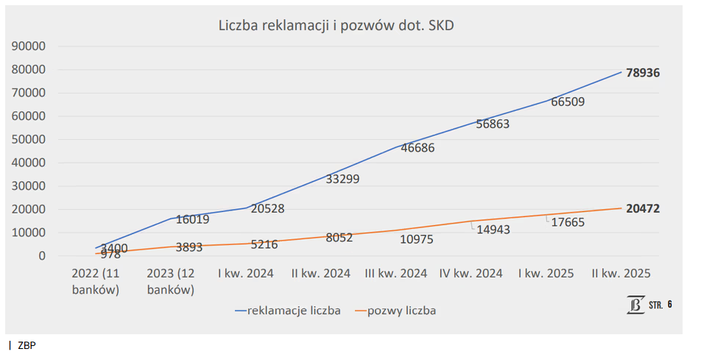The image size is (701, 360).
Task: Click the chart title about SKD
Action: [337, 26]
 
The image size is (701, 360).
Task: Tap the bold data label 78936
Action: [642, 73]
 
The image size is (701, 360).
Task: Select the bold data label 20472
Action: [642, 209]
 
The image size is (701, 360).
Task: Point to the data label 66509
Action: [568, 102]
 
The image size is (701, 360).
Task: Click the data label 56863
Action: [493, 124]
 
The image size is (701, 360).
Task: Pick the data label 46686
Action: [418, 148]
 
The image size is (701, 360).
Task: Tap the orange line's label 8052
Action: [339, 238]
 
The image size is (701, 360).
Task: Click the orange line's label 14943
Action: [493, 229]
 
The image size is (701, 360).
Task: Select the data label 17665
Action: [568, 222]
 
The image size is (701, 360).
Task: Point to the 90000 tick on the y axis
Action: [29, 46]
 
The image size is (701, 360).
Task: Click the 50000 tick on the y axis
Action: [29, 140]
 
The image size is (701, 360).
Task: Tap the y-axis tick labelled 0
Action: [43, 256]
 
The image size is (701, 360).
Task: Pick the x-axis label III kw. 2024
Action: [396, 274]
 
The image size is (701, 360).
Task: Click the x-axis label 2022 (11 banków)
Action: [96, 281]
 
